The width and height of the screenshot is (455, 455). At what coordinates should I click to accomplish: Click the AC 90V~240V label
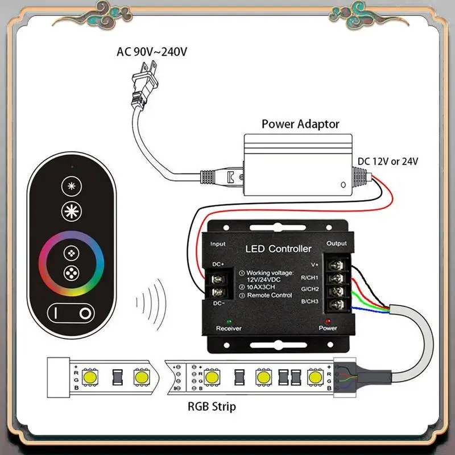[x=152, y=52]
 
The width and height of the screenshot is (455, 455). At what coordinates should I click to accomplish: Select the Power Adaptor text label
[x=300, y=123]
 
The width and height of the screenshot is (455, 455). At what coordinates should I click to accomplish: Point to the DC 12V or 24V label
[x=388, y=161]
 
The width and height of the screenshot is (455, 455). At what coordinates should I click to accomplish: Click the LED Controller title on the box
[x=278, y=249]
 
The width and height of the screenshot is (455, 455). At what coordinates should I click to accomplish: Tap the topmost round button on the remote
[x=71, y=187]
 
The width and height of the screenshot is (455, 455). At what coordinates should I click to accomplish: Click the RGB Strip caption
[x=212, y=406]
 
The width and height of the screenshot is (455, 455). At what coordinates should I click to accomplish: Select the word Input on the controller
[x=218, y=244]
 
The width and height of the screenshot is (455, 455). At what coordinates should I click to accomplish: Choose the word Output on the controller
[x=337, y=243]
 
